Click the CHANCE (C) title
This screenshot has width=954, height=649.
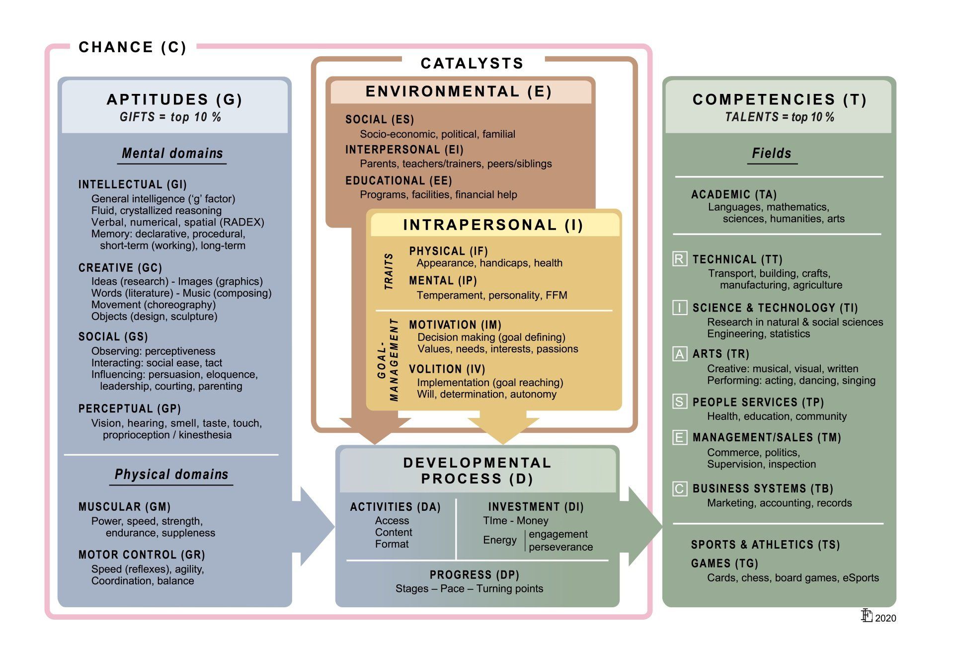133,47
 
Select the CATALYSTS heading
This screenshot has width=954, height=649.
472,63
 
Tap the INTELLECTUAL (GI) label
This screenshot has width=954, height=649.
133,184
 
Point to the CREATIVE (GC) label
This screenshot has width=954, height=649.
120,268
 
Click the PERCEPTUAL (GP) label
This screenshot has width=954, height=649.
130,408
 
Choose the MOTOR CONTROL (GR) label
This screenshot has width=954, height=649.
142,555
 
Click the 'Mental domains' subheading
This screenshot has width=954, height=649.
172,153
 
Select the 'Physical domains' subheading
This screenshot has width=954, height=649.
171,474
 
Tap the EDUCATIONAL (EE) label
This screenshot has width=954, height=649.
398,180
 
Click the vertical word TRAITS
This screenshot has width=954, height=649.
389,271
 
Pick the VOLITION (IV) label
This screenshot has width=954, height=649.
447,369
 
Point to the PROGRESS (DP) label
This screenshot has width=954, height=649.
475,575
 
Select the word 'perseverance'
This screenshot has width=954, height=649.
561,547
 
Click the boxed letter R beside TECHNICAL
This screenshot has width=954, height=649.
680,259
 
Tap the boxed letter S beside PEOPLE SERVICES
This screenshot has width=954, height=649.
680,402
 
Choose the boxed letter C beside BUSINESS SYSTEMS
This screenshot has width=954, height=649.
680,488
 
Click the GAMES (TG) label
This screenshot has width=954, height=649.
724,564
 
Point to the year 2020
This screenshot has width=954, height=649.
885,618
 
